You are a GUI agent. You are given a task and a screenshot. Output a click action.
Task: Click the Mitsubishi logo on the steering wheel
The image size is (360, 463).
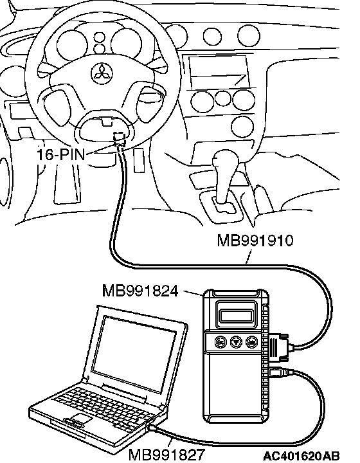(x=102, y=74)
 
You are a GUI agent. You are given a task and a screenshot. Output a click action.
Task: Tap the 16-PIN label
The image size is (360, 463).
(x=60, y=154)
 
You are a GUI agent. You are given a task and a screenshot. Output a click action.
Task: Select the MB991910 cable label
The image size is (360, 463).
(x=255, y=241)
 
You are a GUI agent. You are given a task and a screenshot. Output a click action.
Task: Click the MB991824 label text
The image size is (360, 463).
(x=140, y=291)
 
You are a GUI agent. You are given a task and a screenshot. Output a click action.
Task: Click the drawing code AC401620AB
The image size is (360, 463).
(x=301, y=456)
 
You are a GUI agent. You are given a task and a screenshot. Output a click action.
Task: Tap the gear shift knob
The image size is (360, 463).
(x=225, y=161)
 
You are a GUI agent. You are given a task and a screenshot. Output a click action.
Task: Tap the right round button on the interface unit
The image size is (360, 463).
(x=251, y=342)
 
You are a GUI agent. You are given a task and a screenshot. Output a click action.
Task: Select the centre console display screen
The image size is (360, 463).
(x=218, y=70)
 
